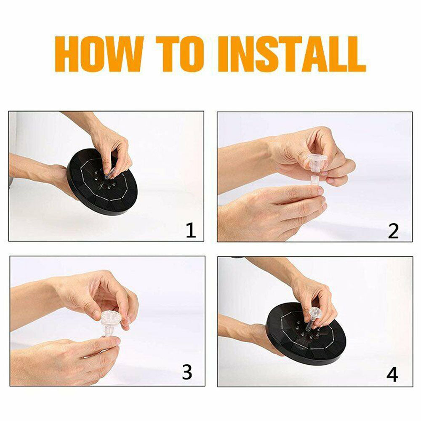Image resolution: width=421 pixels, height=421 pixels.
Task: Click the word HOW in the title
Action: [x=99, y=54]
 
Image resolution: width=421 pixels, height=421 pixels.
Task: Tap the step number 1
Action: [x=191, y=231]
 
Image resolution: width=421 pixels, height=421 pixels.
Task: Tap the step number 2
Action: [x=393, y=231]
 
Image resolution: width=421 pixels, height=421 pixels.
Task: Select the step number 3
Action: [x=187, y=372]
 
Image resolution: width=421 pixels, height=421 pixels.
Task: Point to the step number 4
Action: [x=392, y=374]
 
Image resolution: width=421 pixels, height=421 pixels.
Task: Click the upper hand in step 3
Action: [x=97, y=295]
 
